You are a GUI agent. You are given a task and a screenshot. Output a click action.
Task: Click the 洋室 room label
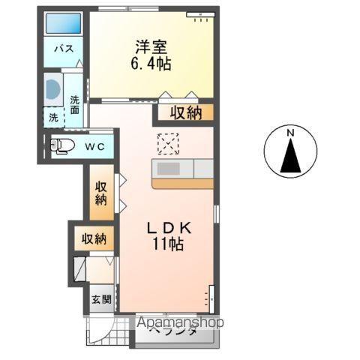(151, 46)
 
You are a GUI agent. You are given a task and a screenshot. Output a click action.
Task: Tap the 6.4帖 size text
(151, 63)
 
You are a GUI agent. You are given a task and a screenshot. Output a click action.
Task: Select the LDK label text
(169, 228)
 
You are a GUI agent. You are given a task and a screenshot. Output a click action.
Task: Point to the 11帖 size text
(168, 244)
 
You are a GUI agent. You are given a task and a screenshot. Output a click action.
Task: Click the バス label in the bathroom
(64, 48)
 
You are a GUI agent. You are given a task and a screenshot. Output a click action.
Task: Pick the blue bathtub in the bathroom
(64, 23)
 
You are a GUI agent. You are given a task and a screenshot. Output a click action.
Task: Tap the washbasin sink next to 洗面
(52, 89)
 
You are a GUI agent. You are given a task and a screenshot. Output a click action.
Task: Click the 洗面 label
(74, 104)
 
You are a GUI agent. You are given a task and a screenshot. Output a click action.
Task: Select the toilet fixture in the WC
(62, 145)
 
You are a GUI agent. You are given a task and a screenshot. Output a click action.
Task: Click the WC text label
(94, 146)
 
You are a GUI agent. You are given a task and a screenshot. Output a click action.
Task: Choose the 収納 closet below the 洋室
(186, 112)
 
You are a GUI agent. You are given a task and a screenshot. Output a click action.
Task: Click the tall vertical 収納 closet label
(100, 193)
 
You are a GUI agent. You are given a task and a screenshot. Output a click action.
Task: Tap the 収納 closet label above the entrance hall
(94, 239)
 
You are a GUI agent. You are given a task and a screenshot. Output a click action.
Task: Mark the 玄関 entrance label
(101, 299)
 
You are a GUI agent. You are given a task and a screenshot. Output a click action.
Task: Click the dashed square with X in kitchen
(168, 144)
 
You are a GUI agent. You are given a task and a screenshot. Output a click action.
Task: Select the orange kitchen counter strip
(183, 184)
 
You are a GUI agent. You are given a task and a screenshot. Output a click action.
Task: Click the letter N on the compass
(290, 133)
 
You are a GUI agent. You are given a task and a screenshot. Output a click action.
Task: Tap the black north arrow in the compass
(290, 155)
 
